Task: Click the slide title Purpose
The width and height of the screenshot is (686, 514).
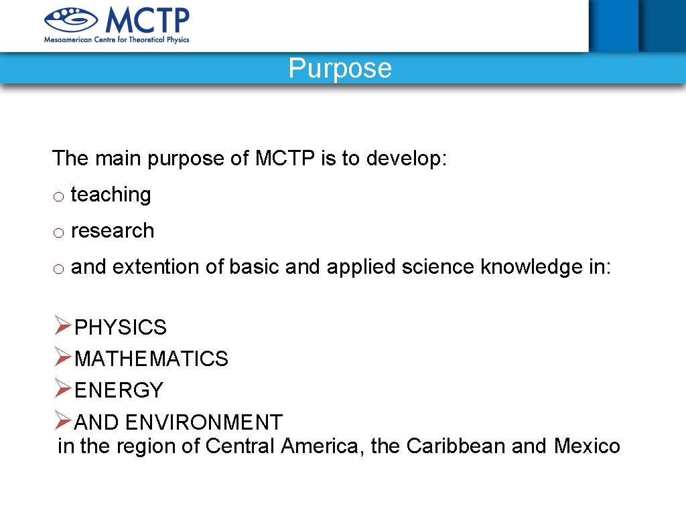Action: point(340,68)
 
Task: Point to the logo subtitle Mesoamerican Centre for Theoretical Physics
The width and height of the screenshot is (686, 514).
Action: point(117,39)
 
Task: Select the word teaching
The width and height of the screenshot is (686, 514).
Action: point(111,195)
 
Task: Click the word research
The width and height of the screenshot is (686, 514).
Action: point(112,231)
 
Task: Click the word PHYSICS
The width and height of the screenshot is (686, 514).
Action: point(121,328)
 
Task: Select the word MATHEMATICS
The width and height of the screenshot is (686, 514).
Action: point(151,359)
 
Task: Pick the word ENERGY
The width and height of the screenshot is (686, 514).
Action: point(119,390)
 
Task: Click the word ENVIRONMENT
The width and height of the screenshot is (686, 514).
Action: point(204,423)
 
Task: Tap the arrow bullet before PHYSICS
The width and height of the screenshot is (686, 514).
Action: point(63,326)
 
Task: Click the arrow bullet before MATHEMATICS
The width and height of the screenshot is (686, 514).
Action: point(63,357)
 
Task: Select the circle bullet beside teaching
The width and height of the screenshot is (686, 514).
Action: point(59,197)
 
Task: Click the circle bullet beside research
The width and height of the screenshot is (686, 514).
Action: point(59,233)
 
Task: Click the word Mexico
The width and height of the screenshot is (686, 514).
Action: point(587,446)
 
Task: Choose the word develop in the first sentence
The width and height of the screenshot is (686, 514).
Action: point(406,159)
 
